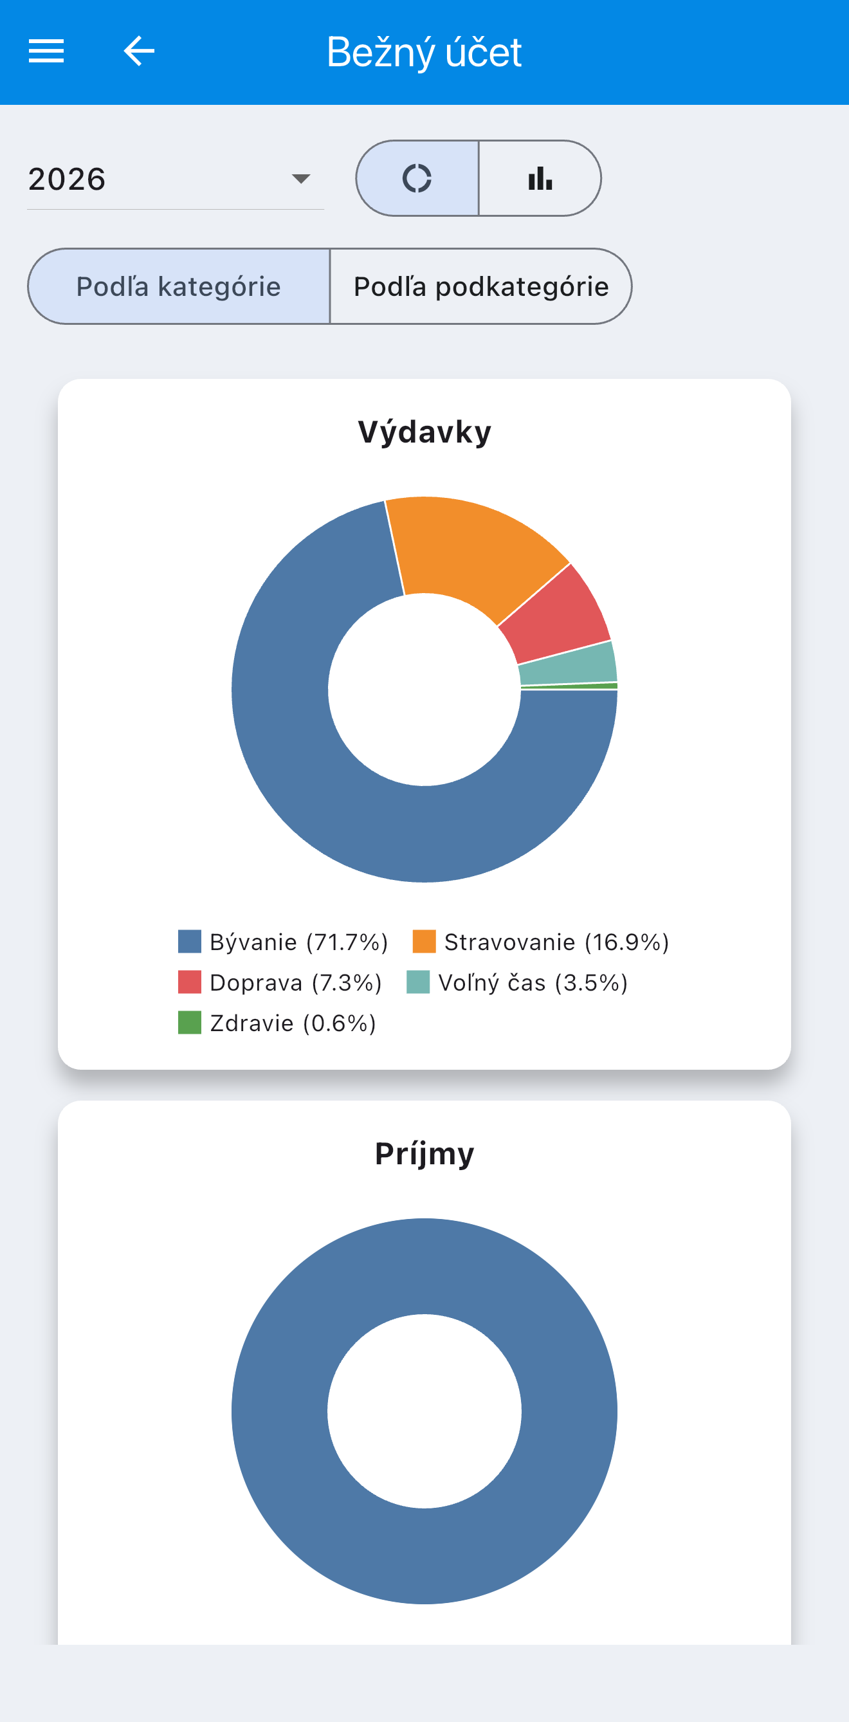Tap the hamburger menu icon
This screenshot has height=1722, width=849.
pos(46,51)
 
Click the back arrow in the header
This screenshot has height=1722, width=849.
pos(139,51)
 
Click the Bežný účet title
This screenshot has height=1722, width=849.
pos(424,52)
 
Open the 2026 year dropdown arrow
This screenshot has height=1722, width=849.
pos(301,178)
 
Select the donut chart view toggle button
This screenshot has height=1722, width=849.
pos(417,178)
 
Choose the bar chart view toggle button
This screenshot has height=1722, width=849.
pos(540,178)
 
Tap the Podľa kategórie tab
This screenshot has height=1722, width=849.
pos(179,286)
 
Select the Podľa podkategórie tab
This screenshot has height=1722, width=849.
pos(480,286)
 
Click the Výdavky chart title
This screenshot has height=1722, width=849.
pos(424,432)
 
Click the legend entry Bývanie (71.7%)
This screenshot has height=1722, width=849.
pos(283,942)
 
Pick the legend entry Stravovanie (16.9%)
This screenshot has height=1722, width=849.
pos(541,942)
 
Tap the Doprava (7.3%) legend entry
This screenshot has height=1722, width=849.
pos(279,983)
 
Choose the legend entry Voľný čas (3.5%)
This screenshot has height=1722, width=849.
pos(517,983)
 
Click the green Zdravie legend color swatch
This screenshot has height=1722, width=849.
pos(190,1023)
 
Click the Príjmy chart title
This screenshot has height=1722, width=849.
pos(424,1154)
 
